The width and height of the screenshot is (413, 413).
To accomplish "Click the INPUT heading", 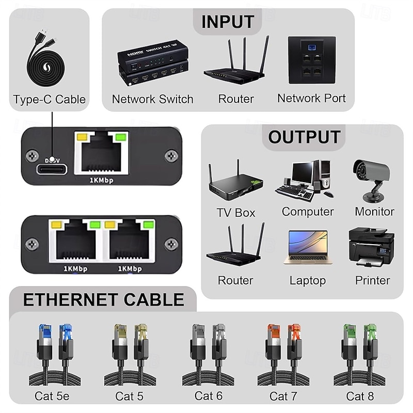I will (x=228, y=22).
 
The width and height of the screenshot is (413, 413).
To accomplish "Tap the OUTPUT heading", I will (x=304, y=137).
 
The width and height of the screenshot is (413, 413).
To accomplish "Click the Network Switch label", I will (x=152, y=99).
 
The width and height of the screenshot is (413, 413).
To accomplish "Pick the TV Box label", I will (x=236, y=212).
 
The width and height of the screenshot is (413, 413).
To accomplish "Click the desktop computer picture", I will (x=307, y=180).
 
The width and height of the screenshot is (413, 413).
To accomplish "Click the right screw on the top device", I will (x=170, y=155).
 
